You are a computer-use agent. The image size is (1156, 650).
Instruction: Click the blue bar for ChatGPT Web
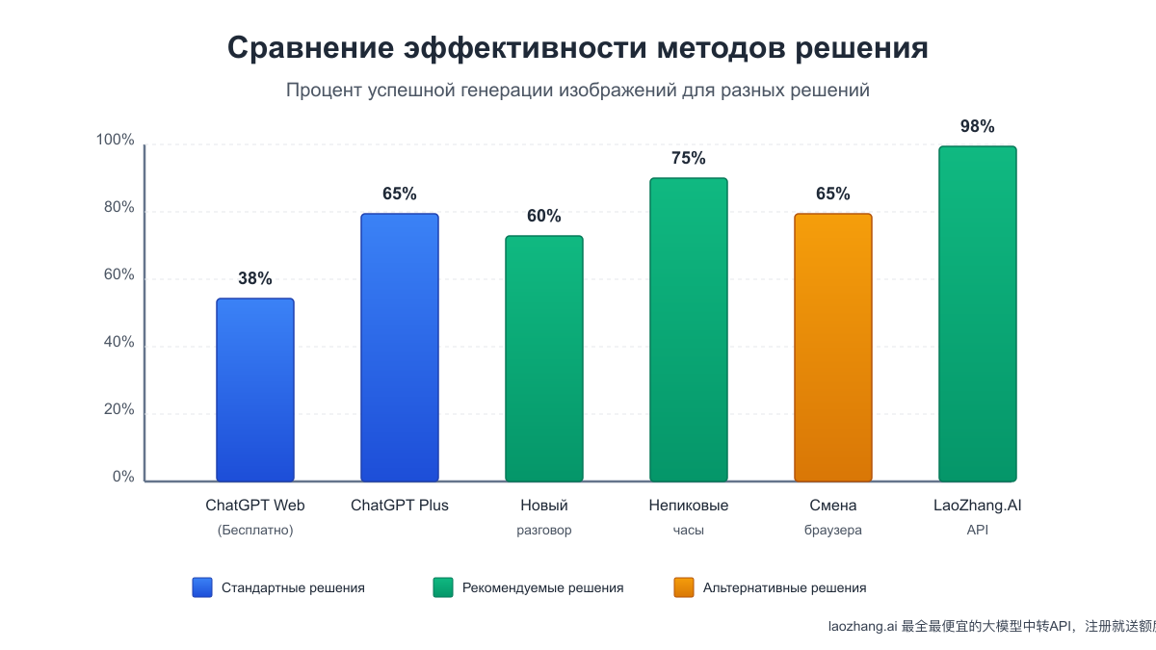(x=254, y=390)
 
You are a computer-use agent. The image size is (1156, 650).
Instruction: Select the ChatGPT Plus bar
(x=399, y=348)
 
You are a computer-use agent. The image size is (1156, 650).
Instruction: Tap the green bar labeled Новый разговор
(x=543, y=358)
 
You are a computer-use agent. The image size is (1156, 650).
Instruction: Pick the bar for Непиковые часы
(x=688, y=329)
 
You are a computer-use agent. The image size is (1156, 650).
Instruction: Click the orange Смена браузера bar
(x=832, y=348)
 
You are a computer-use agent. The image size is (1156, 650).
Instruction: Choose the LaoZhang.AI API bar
(x=977, y=314)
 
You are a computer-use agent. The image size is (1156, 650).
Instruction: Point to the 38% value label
(x=254, y=279)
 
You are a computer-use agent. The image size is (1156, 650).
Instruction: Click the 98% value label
(x=977, y=127)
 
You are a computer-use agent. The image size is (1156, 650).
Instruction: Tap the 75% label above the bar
(x=688, y=159)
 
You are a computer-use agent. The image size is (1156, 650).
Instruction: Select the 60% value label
(x=543, y=217)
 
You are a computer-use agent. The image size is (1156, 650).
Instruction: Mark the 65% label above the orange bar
(x=832, y=194)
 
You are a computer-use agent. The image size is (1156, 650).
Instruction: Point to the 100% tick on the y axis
(x=116, y=141)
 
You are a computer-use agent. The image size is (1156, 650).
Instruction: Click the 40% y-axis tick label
(x=119, y=343)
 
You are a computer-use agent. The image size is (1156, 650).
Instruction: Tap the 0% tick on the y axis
(x=123, y=478)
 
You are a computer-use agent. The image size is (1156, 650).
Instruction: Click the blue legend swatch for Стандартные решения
(x=201, y=587)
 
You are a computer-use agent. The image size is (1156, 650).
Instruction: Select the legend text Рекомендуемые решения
(x=542, y=587)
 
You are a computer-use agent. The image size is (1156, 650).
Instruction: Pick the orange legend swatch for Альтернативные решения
(x=683, y=587)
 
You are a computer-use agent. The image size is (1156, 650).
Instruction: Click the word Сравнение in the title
(x=309, y=48)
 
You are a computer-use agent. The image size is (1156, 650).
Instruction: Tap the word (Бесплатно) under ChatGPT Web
(x=254, y=530)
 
